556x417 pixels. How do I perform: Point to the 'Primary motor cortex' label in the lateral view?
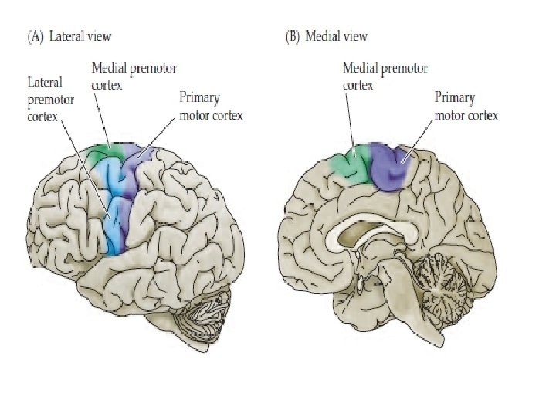pyautogui.click(x=210, y=107)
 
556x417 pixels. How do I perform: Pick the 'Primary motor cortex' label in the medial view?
pyautogui.click(x=466, y=107)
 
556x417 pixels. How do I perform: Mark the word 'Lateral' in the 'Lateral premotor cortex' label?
pyautogui.click(x=45, y=81)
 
